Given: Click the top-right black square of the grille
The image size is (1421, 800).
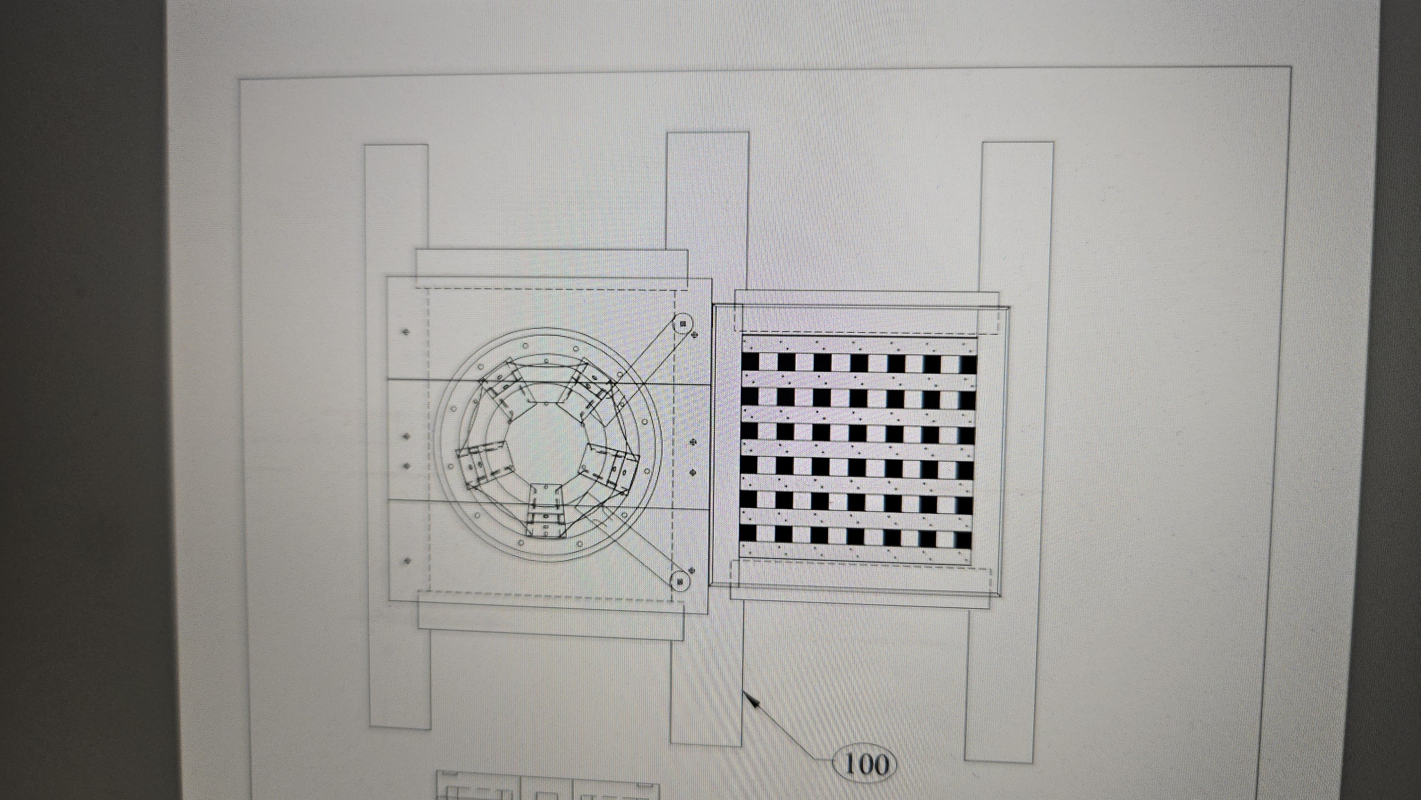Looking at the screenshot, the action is tap(969, 364).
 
